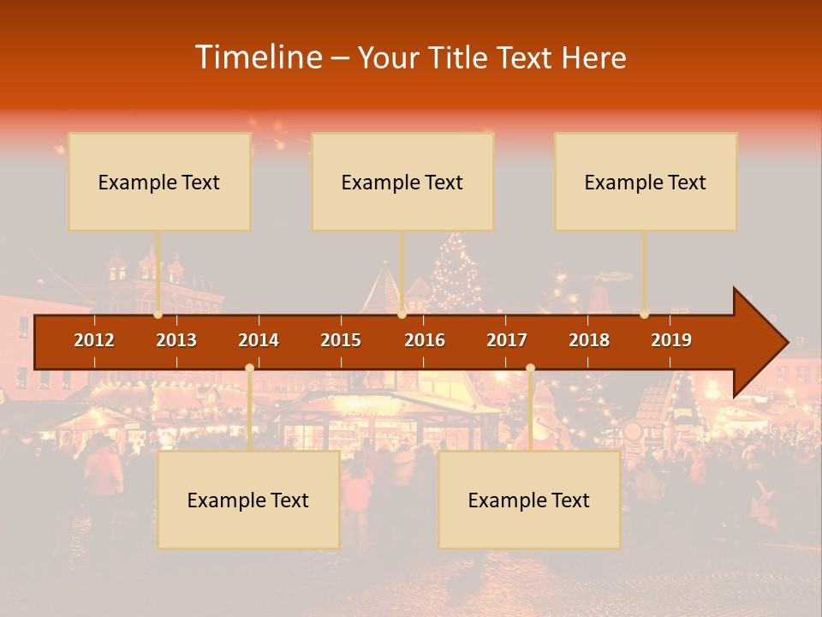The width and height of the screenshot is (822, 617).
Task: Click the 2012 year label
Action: [x=94, y=340]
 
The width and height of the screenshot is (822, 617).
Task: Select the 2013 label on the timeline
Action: [x=176, y=340]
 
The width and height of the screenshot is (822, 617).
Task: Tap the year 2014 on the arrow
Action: [x=259, y=340]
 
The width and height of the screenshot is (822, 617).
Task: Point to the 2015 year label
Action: [x=341, y=340]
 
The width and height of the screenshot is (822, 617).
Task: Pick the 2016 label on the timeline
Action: [x=425, y=340]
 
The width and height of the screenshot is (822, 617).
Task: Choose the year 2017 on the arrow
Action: [x=507, y=340]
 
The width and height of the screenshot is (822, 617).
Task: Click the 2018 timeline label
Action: [x=589, y=340]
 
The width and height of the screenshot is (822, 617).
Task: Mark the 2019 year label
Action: [x=671, y=340]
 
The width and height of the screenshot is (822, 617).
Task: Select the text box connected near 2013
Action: [x=159, y=182]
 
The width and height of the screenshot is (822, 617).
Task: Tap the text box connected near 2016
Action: [x=402, y=182]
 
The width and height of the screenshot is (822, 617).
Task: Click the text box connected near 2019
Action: [x=646, y=182]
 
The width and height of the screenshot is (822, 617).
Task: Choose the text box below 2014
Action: [x=248, y=500]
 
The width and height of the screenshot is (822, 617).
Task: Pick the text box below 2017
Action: [x=529, y=500]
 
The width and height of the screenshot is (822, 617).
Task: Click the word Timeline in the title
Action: [x=258, y=57]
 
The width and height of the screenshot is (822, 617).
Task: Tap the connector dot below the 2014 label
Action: [x=249, y=368]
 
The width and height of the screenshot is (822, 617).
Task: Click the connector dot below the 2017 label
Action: [x=530, y=368]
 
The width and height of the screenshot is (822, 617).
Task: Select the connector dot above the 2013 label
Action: [x=158, y=314]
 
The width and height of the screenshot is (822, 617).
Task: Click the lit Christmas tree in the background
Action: [x=456, y=274]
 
